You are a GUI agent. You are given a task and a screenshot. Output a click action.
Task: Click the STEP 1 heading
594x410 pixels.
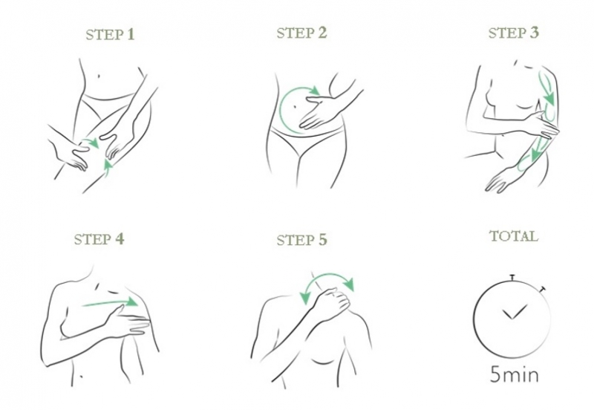click(x=110, y=34)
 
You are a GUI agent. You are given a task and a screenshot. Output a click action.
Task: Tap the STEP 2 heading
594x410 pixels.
click(x=301, y=33)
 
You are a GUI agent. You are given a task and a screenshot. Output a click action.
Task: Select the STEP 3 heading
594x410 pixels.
click(x=513, y=33)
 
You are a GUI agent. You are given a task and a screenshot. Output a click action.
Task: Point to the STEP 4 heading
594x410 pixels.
click(x=99, y=239)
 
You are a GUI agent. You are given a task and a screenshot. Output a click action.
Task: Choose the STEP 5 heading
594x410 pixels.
click(x=301, y=240)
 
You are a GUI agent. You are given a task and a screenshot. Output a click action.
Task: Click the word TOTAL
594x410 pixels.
click(x=514, y=236)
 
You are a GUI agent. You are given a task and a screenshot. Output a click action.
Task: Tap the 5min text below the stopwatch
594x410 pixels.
click(x=514, y=374)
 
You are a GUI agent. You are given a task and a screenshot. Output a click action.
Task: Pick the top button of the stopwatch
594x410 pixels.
click(x=512, y=277)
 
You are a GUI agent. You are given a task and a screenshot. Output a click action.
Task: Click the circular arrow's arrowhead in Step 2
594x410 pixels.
click(x=314, y=91)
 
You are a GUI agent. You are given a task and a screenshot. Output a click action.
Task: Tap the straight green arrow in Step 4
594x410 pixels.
click(x=110, y=302)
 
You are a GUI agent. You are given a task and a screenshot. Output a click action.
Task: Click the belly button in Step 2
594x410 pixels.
click(x=293, y=107)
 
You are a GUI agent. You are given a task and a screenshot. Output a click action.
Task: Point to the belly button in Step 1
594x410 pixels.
click(x=99, y=77)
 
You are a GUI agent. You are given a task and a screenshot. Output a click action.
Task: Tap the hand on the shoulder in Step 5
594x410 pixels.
click(x=333, y=303)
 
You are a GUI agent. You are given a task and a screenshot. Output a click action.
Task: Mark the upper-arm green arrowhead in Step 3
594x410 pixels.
click(x=549, y=100)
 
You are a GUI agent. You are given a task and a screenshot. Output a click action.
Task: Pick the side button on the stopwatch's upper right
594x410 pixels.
click(x=544, y=290)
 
